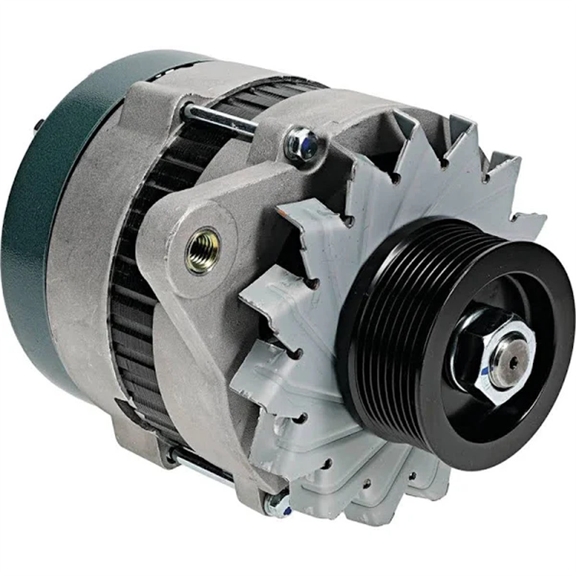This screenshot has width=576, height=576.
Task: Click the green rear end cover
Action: tap(38, 216)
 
